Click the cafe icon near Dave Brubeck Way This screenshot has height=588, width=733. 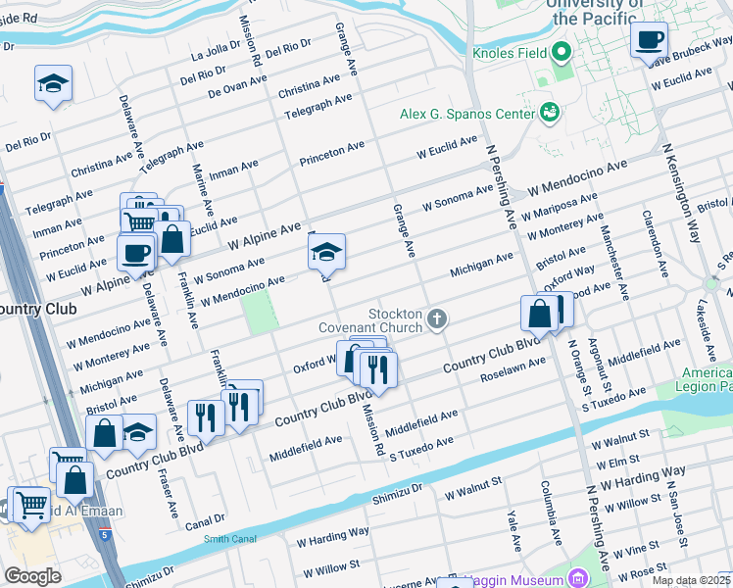click(x=649, y=40)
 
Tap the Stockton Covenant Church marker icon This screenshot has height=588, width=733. click(x=437, y=319)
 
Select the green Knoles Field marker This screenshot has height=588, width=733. click(x=561, y=51)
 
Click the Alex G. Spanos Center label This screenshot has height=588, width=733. click(x=465, y=114)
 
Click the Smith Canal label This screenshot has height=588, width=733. click(x=228, y=538)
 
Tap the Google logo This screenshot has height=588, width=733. click(x=32, y=576)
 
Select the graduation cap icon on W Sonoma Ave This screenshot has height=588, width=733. click(x=326, y=254)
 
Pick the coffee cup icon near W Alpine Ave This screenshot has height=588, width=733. click(x=137, y=252)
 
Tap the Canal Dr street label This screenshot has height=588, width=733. click(x=205, y=519)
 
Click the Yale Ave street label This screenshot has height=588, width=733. click(x=513, y=530)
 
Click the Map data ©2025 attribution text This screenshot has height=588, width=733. click(x=690, y=580)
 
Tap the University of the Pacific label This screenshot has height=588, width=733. click(x=597, y=12)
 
